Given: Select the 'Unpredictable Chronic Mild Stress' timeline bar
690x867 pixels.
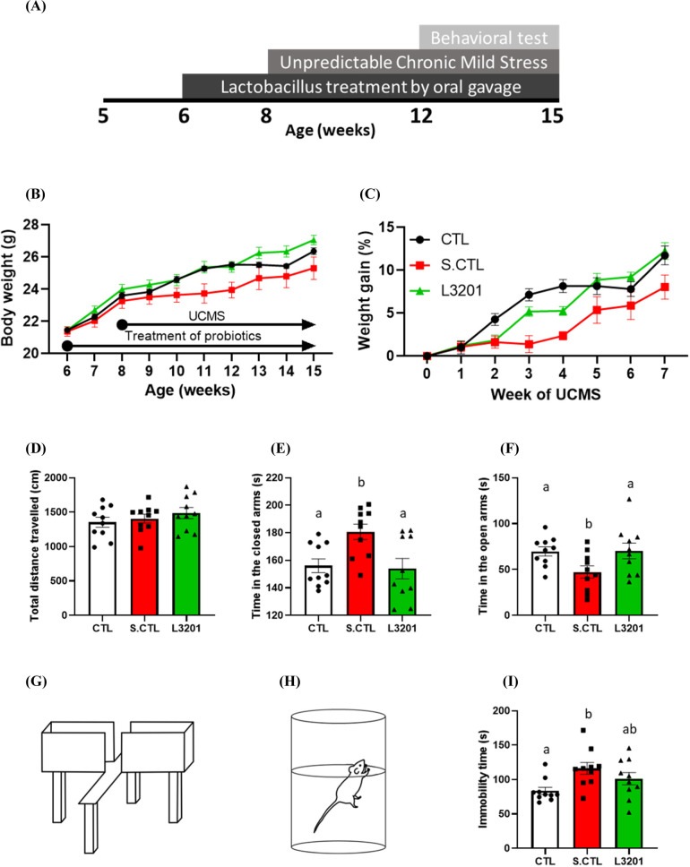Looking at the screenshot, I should (x=415, y=63).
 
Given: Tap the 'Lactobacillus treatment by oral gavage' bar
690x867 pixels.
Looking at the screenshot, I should (x=371, y=87).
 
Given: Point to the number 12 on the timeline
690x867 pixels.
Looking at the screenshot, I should (x=421, y=116).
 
